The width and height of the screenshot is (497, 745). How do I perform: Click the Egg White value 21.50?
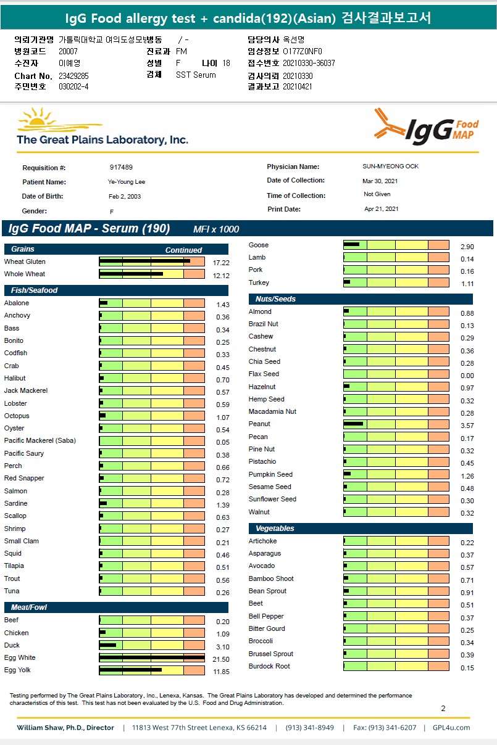221,659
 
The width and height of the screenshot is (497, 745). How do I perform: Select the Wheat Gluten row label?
25,261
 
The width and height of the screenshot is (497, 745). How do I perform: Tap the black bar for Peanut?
354,424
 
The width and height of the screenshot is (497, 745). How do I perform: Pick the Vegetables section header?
275,529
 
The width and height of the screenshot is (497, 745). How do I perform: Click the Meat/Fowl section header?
29,607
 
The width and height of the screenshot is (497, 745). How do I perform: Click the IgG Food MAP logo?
427,126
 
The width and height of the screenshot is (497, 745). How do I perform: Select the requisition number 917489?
121,167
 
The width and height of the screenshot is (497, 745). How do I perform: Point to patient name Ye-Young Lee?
127,182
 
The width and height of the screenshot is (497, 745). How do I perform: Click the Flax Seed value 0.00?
467,376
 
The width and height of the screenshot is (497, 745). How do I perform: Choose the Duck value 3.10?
222,647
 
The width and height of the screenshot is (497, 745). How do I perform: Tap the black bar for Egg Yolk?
130,670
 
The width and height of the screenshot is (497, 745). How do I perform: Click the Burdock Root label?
269,666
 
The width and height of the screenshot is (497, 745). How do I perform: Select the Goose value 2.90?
467,247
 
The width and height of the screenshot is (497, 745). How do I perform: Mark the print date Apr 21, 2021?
382,209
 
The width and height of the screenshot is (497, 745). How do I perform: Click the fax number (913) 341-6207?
393,728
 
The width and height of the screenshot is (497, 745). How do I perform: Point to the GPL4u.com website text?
451,728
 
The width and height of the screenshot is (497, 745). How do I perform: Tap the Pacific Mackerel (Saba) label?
40,440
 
